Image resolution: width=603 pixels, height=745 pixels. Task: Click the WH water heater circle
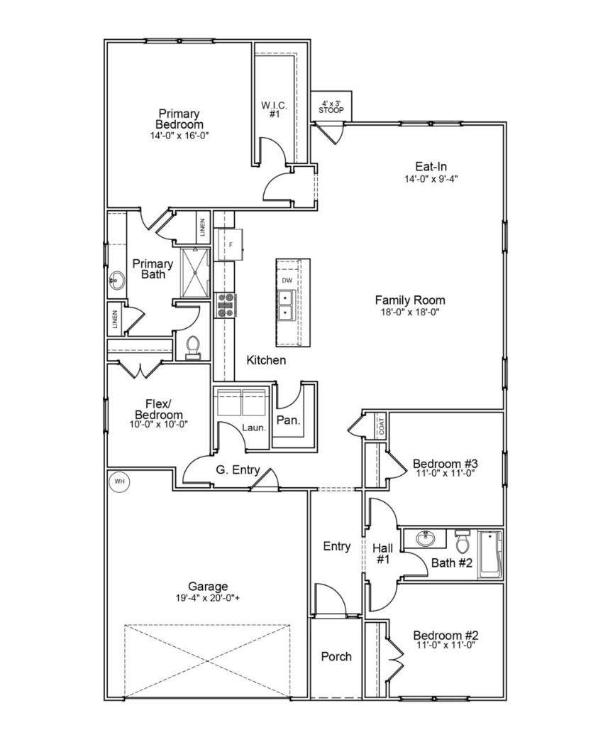[120, 482]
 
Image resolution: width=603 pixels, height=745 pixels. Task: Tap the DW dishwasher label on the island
[287, 281]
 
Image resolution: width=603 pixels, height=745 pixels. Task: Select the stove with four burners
[226, 305]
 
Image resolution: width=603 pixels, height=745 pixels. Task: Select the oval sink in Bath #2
[425, 539]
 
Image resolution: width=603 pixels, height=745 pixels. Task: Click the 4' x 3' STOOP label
[331, 107]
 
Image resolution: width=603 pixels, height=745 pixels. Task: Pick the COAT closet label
[382, 425]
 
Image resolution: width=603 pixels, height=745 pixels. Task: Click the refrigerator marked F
[230, 245]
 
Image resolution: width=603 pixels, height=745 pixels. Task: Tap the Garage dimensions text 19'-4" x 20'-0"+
[208, 598]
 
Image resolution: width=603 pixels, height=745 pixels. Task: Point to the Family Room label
[410, 300]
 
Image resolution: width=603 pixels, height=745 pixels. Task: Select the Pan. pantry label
[289, 420]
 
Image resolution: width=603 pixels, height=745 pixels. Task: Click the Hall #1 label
[383, 554]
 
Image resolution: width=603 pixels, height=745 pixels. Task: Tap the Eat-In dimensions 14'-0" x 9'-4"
[431, 179]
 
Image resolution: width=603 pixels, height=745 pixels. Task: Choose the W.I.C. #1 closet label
[275, 109]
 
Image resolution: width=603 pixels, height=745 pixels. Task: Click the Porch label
[336, 657]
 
